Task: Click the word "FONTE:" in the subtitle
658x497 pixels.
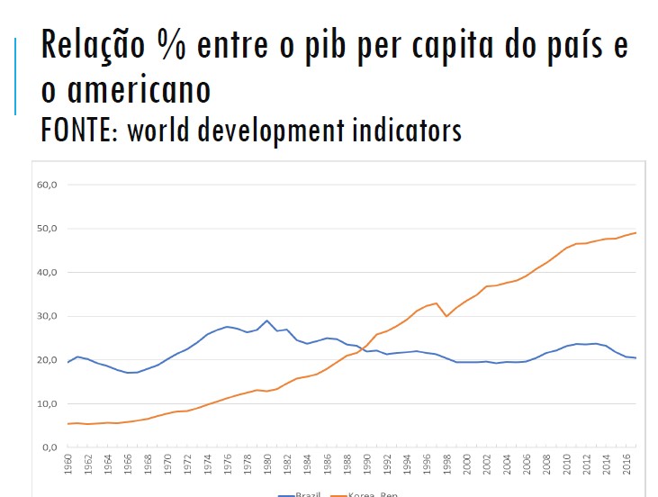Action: point(79,131)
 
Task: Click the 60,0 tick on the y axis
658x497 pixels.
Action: point(46,185)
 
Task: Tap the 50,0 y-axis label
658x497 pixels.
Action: point(46,229)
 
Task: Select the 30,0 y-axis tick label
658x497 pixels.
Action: point(46,316)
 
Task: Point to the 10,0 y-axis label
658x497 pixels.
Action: point(46,403)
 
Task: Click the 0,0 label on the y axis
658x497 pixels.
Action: point(49,447)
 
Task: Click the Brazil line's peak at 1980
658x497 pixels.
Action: point(267,321)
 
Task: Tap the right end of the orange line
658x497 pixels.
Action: point(636,233)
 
